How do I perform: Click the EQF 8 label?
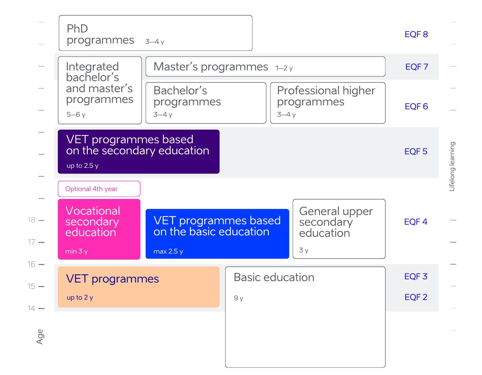(416, 34)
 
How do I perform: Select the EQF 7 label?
(417, 67)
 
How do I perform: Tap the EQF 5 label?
(416, 151)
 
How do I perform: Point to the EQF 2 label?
(416, 297)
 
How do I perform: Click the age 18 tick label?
(31, 220)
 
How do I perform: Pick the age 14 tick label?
(31, 308)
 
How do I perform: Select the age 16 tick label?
(31, 264)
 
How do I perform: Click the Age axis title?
(40, 336)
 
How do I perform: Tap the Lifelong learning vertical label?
(452, 166)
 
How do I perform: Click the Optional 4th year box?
(99, 189)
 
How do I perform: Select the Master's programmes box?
(265, 66)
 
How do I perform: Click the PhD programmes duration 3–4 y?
(155, 42)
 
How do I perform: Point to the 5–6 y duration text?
(76, 115)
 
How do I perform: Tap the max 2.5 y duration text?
(168, 251)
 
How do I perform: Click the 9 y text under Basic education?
(239, 298)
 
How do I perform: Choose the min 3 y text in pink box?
(76, 251)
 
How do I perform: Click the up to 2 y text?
(80, 297)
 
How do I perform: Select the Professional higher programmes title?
(326, 96)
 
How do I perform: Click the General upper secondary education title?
(336, 222)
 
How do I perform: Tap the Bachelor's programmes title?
(187, 96)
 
